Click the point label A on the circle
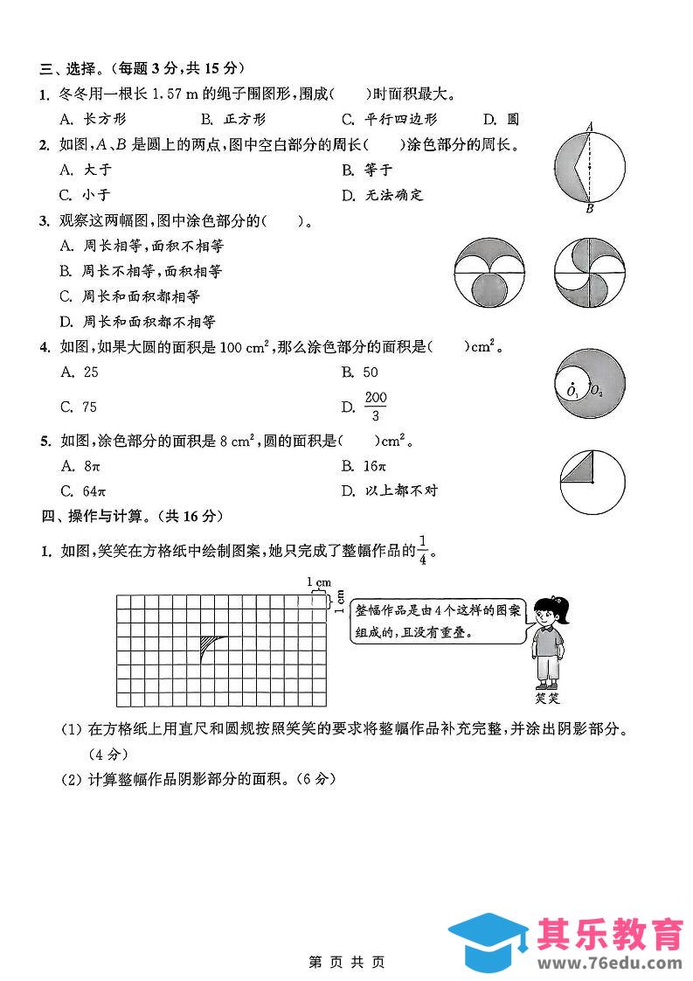[x=590, y=127]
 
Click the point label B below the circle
[x=590, y=208]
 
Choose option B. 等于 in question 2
[x=367, y=170]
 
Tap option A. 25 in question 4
[x=80, y=372]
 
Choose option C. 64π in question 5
[x=83, y=490]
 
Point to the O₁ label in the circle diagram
[x=572, y=392]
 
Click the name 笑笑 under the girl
[x=547, y=698]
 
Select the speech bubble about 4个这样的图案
[x=437, y=621]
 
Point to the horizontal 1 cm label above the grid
[x=318, y=582]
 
